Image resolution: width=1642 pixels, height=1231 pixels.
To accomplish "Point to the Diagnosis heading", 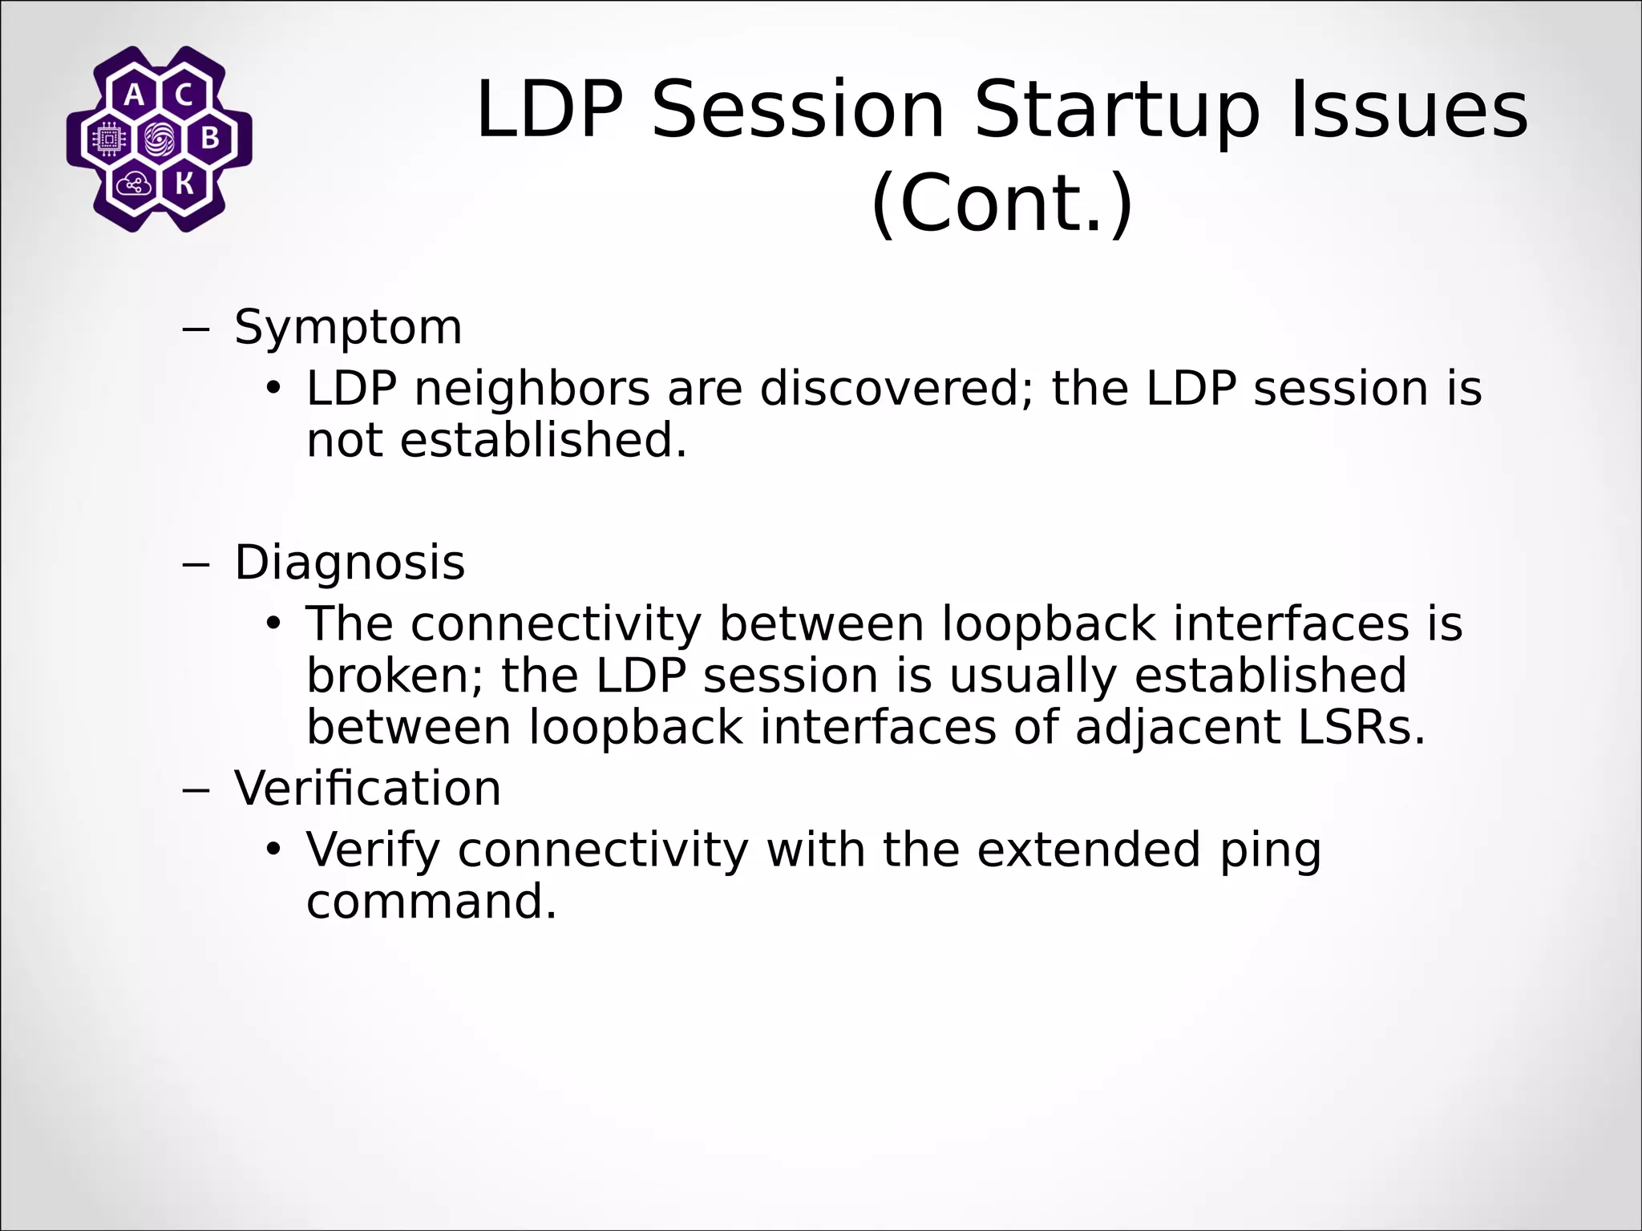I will click(350, 563).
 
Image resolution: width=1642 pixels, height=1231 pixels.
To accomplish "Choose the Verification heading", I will click(367, 788).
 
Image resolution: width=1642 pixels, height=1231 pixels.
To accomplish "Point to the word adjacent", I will click(1177, 728).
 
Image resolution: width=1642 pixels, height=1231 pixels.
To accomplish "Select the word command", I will click(431, 902).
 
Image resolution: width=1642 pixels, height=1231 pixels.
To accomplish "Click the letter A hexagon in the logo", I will click(135, 95).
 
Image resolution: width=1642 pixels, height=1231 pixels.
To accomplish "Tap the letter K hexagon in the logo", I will click(184, 185).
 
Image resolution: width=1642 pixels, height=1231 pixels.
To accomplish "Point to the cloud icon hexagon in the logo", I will click(133, 185).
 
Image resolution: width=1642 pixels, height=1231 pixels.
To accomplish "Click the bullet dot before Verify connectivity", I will click(274, 849).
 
